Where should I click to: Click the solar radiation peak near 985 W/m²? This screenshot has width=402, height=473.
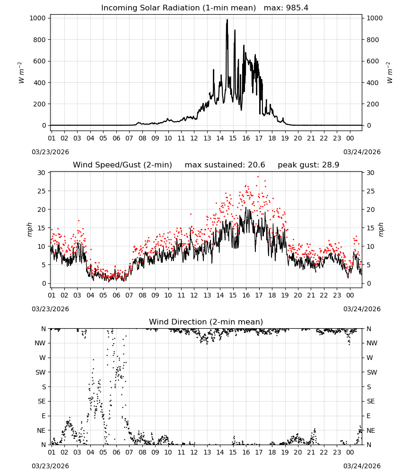(x=227, y=20)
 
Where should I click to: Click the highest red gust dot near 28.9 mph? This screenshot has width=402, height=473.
(x=258, y=177)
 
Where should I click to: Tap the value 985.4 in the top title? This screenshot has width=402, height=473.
(x=297, y=8)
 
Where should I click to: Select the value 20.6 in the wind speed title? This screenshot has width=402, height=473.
(x=256, y=165)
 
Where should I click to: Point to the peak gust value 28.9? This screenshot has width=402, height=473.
(x=331, y=165)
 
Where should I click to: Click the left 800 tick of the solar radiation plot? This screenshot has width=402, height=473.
(x=40, y=40)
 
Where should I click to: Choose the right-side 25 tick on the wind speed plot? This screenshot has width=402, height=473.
(x=371, y=191)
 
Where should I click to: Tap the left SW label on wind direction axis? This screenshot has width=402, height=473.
(x=41, y=372)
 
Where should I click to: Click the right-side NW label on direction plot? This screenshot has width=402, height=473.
(x=372, y=343)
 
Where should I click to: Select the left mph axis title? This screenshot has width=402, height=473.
(x=29, y=229)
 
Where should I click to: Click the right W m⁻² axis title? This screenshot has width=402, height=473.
(x=389, y=73)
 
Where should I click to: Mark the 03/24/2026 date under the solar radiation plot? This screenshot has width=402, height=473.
(x=362, y=152)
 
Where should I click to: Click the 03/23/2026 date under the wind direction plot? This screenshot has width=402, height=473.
(x=50, y=466)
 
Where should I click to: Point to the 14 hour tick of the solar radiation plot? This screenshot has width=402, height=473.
(x=220, y=138)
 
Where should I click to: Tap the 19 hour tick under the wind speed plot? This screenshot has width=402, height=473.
(x=285, y=295)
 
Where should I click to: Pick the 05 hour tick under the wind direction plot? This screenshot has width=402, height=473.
(x=103, y=452)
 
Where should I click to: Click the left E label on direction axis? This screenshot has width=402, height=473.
(x=44, y=416)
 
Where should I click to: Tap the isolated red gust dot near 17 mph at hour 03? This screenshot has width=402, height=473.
(x=79, y=220)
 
